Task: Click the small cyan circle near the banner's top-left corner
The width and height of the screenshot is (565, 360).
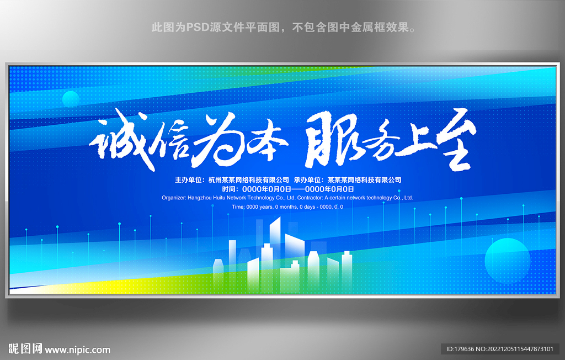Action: pyautogui.click(x=71, y=99)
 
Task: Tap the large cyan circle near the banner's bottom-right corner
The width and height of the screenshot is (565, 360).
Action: pyautogui.click(x=508, y=261)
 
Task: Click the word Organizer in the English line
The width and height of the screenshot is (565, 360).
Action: pyautogui.click(x=174, y=198)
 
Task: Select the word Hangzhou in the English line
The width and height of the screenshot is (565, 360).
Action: pyautogui.click(x=200, y=198)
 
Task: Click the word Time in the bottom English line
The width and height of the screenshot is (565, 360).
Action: pyautogui.click(x=238, y=207)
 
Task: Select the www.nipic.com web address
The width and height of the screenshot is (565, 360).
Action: pyautogui.click(x=77, y=350)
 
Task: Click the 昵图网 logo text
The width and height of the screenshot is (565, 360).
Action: pyautogui.click(x=25, y=349)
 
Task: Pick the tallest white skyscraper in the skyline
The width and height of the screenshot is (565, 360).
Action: pyautogui.click(x=275, y=252)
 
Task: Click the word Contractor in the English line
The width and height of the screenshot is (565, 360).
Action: pyautogui.click(x=310, y=198)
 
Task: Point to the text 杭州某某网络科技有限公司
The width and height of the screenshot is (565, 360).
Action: pyautogui.click(x=249, y=179)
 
